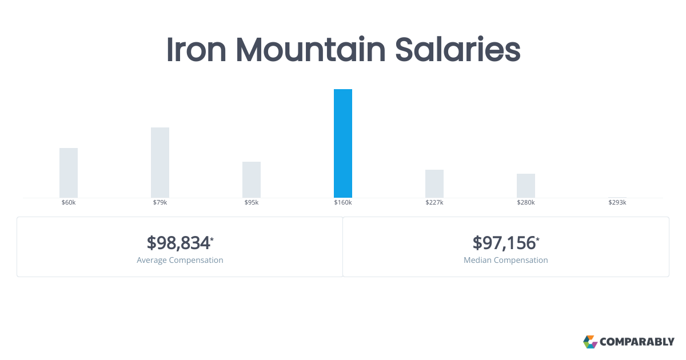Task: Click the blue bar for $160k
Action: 343,143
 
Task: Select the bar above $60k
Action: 69,173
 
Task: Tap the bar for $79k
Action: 160,162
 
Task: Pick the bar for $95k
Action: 252,179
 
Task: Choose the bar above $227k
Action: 434,183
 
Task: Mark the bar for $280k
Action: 526,186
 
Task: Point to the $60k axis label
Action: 69,203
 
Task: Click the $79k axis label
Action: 160,203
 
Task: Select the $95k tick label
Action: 252,203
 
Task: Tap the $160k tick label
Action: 343,203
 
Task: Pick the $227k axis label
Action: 434,203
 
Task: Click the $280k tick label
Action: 526,203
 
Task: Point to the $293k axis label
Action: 617,203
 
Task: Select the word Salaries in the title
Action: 458,50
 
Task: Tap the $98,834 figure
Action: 178,243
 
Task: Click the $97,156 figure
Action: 504,243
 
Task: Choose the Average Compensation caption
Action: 180,260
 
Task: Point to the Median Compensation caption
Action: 506,260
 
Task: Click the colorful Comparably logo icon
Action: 590,342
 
